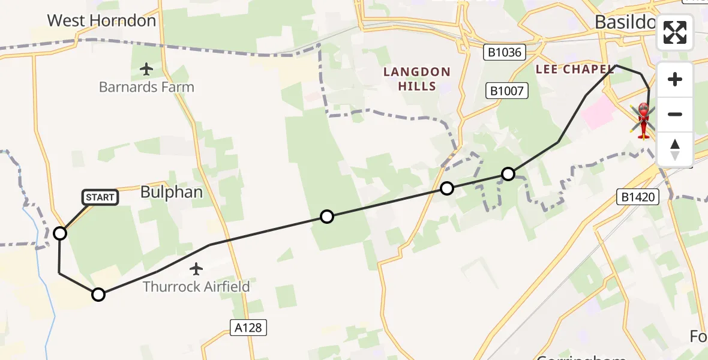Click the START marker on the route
point(100,197)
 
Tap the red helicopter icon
point(643,120)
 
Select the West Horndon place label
point(101,20)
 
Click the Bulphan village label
point(171,192)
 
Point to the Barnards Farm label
point(146,87)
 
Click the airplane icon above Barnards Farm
point(146,70)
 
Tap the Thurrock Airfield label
point(196,286)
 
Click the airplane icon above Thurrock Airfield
point(196,269)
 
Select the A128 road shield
point(248,328)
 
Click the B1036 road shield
point(505,53)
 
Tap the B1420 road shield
point(638,197)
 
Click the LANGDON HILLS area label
point(417,79)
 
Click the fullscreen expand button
point(675,32)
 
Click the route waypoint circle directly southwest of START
point(60,233)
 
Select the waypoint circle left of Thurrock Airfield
point(98,294)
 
